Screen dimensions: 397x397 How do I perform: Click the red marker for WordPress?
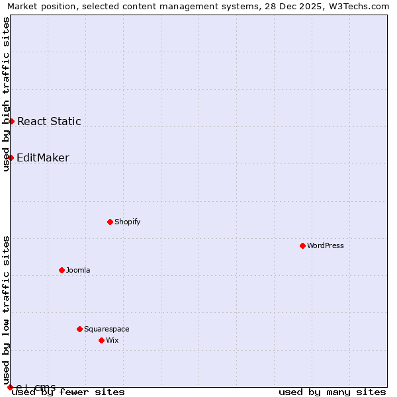(302, 245)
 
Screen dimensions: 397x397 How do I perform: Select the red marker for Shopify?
(110, 222)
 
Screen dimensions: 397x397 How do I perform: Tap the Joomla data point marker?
(62, 270)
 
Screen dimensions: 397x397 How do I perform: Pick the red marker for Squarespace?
(79, 329)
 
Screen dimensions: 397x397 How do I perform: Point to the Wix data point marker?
(101, 340)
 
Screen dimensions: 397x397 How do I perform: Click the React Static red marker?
(11, 121)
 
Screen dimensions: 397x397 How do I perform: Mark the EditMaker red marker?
(11, 157)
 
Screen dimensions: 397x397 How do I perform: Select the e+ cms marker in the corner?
(10, 387)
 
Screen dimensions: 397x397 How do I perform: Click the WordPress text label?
(326, 245)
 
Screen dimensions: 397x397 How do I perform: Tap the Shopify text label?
(128, 222)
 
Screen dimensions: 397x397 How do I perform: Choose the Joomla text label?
(78, 270)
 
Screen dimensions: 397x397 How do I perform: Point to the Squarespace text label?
(107, 329)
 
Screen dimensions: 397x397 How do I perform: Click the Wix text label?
(112, 340)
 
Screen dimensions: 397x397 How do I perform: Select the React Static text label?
(49, 121)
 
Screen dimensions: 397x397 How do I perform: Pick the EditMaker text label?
(43, 157)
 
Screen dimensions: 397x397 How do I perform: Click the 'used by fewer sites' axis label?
(69, 392)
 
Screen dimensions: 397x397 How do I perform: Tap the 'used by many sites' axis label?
(332, 392)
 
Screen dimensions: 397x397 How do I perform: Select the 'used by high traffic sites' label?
(6, 94)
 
